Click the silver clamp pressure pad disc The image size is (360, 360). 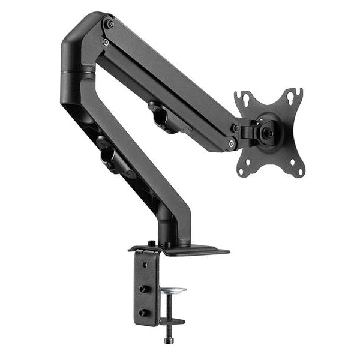pyautogui.click(x=173, y=290)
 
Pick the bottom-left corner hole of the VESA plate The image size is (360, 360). pyautogui.click(x=242, y=169)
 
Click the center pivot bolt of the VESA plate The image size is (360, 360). pyautogui.click(x=268, y=133)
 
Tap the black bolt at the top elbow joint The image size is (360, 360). pyautogui.click(x=110, y=24)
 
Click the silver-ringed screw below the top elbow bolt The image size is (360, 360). pyautogui.click(x=106, y=43)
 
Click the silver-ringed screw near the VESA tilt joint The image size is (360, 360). pyautogui.click(x=232, y=142)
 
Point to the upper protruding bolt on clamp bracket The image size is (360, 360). pyautogui.click(x=143, y=288)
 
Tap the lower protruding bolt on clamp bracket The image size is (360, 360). pyautogui.click(x=143, y=312)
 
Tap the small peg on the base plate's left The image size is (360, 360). pyautogui.click(x=152, y=243)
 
